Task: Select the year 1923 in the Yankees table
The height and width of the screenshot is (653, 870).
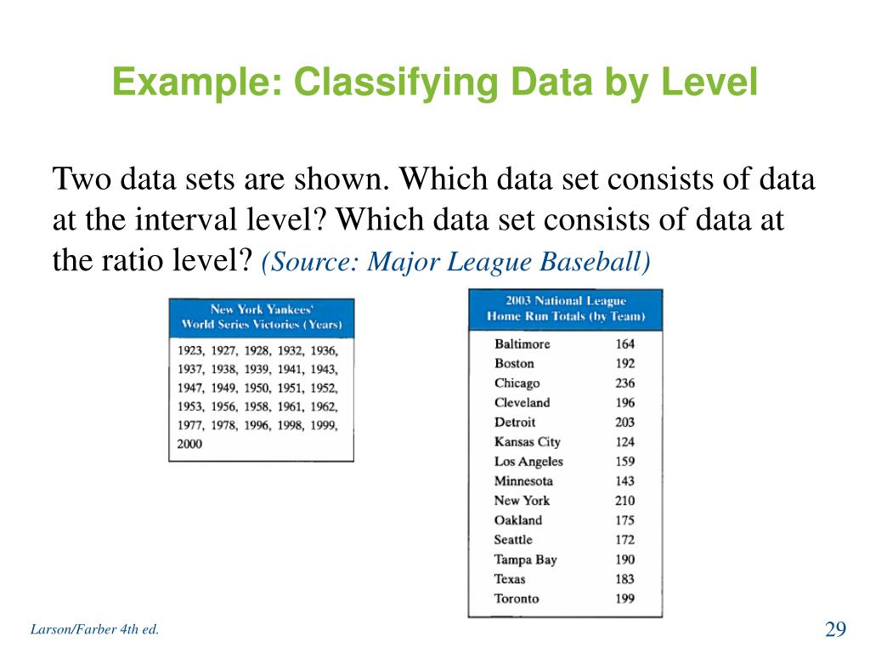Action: pyautogui.click(x=190, y=350)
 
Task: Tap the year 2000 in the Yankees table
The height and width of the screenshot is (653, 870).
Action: pyautogui.click(x=190, y=444)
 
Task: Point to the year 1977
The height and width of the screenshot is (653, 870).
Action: pyautogui.click(x=190, y=425)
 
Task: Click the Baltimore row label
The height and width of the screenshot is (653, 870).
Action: pyautogui.click(x=522, y=344)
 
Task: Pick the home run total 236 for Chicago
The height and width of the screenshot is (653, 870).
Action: pyautogui.click(x=624, y=383)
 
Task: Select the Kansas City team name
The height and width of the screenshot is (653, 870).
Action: pyautogui.click(x=527, y=442)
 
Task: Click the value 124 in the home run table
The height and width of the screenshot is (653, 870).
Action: pyautogui.click(x=624, y=442)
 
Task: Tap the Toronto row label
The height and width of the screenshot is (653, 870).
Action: pyautogui.click(x=517, y=599)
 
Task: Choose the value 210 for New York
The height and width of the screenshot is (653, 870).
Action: pyautogui.click(x=624, y=501)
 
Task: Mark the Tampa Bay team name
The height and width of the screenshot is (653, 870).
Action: pyautogui.click(x=525, y=559)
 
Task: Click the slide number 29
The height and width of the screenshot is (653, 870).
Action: pyautogui.click(x=835, y=629)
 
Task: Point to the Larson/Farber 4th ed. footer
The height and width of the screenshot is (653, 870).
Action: pyautogui.click(x=94, y=630)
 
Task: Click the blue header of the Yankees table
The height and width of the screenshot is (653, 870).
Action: pyautogui.click(x=261, y=317)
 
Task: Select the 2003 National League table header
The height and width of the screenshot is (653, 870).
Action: pyautogui.click(x=565, y=309)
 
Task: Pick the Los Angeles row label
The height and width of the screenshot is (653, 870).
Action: pyautogui.click(x=528, y=462)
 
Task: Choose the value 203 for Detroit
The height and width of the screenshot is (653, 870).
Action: pyautogui.click(x=624, y=423)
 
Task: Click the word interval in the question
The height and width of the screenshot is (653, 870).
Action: pyautogui.click(x=173, y=220)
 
